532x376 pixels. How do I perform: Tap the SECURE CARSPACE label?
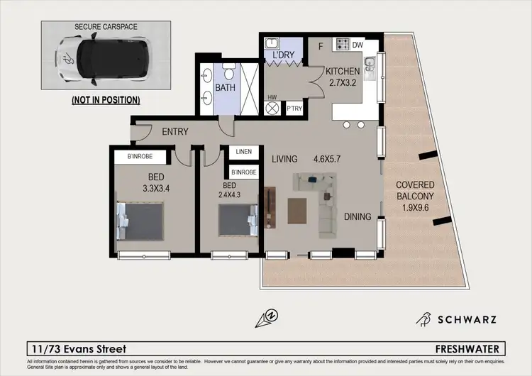(x=106, y=27)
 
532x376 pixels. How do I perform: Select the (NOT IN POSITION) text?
(x=105, y=100)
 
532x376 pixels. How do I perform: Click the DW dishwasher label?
(x=356, y=46)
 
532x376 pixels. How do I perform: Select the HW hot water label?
(x=272, y=98)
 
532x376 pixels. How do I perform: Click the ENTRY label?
(x=175, y=131)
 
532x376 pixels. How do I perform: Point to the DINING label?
(x=358, y=216)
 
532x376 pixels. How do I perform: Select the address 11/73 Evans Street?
(x=79, y=349)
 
